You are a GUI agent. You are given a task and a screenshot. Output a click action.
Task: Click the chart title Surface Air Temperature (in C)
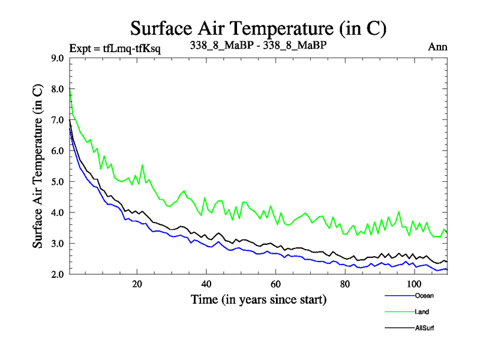point(258,28)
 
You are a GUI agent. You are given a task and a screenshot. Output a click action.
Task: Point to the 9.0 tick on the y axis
point(58,58)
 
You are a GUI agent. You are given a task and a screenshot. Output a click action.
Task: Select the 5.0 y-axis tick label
point(58,182)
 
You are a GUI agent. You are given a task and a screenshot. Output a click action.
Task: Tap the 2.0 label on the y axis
point(58,274)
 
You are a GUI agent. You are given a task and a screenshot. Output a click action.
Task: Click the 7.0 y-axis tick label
point(58,120)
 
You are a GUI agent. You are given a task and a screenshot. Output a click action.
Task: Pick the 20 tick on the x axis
point(137,284)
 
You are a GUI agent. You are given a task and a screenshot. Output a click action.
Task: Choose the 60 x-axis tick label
point(275,284)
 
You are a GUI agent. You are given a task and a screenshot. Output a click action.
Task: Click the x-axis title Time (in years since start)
point(259,299)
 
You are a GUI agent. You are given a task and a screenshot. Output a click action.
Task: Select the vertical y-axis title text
point(37,166)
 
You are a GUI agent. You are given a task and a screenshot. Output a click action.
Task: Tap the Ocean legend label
point(423,296)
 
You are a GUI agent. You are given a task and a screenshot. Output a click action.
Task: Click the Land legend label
point(422,312)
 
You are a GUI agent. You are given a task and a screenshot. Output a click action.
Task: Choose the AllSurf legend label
point(424,328)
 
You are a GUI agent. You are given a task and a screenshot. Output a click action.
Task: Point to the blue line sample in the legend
point(397,296)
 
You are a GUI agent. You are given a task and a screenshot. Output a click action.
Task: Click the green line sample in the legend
point(397,312)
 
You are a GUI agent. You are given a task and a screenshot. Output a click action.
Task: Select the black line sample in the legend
point(397,328)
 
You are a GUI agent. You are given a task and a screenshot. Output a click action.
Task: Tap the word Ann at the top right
point(438,47)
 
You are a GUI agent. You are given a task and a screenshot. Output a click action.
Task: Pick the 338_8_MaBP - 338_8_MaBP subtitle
point(262,46)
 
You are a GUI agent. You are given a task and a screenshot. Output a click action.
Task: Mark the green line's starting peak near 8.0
point(70,89)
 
